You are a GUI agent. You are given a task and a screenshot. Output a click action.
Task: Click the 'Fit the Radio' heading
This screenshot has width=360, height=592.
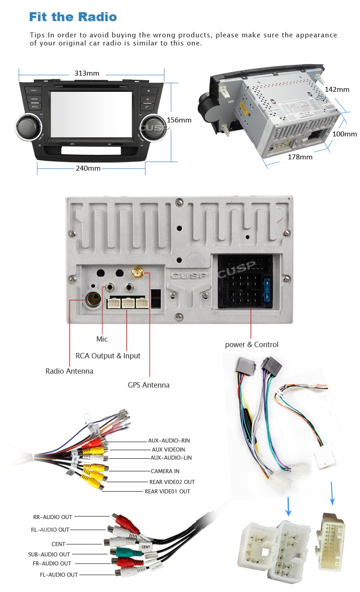[x=73, y=17]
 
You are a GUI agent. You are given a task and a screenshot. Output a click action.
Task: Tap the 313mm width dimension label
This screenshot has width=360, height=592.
[x=86, y=73]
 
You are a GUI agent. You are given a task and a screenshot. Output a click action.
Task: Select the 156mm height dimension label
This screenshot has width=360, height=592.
[x=179, y=120]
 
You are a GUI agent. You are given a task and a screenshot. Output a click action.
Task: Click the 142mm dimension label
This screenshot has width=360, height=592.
[x=337, y=90]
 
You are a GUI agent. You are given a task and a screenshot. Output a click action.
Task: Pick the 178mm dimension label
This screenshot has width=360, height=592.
[x=300, y=157]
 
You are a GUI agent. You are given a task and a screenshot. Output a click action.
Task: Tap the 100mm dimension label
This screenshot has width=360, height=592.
[x=344, y=134]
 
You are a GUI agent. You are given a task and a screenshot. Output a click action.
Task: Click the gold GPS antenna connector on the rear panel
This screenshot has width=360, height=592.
[x=137, y=274]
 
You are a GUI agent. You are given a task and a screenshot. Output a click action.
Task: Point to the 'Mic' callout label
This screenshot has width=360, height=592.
[x=102, y=339]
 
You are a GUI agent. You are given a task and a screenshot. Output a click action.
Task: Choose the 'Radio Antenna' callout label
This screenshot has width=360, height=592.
[x=69, y=371]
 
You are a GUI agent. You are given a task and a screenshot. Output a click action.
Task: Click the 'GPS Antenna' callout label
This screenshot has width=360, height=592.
[x=148, y=385]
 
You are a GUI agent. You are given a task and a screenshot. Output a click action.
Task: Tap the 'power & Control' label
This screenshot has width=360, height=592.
[x=252, y=344]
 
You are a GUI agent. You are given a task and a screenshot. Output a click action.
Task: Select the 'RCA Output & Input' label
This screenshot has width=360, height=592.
[x=108, y=356]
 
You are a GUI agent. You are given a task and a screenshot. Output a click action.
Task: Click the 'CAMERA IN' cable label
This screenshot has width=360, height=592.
[x=165, y=471]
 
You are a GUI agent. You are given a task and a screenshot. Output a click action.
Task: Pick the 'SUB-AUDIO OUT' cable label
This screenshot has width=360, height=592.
[x=49, y=554]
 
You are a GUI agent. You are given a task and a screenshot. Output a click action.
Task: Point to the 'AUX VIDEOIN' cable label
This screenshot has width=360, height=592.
[x=168, y=449]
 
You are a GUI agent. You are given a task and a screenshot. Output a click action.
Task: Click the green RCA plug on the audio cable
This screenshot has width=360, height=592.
[x=121, y=552]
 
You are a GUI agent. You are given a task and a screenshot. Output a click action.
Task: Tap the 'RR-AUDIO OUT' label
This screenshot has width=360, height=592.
[x=53, y=517]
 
